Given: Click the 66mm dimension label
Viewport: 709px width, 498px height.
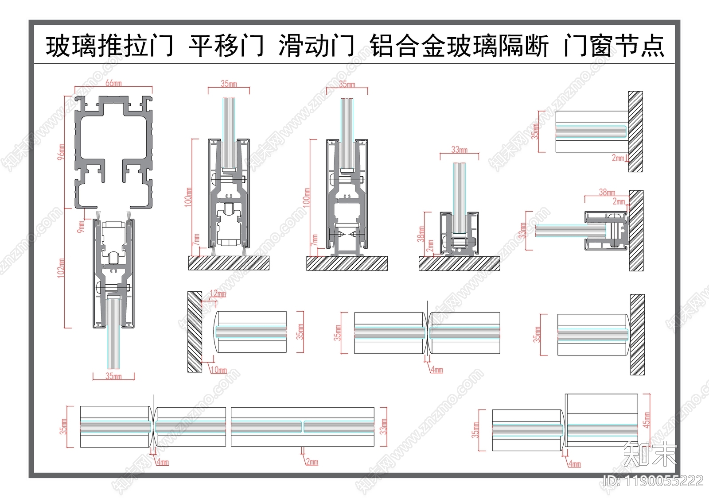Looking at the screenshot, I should pyautogui.click(x=113, y=83).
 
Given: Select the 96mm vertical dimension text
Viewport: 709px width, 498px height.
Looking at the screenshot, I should pyautogui.click(x=61, y=152).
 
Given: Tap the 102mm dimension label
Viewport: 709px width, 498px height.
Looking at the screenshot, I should pyautogui.click(x=61, y=268).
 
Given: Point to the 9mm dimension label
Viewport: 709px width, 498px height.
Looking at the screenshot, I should pyautogui.click(x=81, y=227).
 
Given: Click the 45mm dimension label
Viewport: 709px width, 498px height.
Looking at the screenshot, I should pyautogui.click(x=647, y=419).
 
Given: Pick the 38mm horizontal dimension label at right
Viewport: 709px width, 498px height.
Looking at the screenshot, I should pyautogui.click(x=607, y=192).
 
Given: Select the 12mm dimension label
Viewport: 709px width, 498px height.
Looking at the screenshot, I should pyautogui.click(x=218, y=293).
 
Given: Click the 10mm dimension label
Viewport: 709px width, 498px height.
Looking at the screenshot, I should pyautogui.click(x=218, y=370).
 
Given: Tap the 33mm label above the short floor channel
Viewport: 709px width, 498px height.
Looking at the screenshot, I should pyautogui.click(x=459, y=150).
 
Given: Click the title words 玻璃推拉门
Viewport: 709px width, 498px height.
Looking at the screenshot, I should pyautogui.click(x=109, y=46).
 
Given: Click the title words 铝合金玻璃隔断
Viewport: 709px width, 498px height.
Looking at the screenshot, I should pyautogui.click(x=459, y=46).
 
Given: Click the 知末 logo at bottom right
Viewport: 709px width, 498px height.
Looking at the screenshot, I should pyautogui.click(x=650, y=454).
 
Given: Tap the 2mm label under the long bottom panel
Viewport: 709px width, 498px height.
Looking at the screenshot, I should pyautogui.click(x=312, y=462).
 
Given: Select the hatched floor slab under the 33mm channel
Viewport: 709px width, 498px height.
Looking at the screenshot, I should pyautogui.click(x=459, y=264).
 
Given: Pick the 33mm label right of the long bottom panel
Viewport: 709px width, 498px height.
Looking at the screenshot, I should pyautogui.click(x=384, y=426).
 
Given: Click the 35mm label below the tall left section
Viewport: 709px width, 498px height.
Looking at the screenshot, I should pyautogui.click(x=113, y=376).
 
